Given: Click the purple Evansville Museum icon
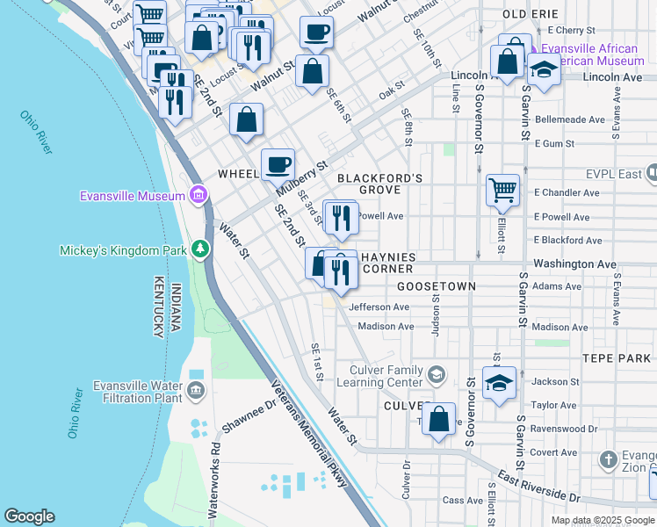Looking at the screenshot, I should click(199, 195).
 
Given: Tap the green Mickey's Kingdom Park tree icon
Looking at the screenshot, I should click(201, 250).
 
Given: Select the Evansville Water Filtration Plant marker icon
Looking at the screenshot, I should click(195, 389).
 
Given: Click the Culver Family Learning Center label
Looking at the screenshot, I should click(374, 376).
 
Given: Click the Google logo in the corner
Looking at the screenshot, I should click(29, 516).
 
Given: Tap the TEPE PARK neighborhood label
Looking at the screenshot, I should click(616, 358).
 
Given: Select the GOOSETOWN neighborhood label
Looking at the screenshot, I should click(437, 286).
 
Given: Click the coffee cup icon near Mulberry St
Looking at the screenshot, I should click(278, 163).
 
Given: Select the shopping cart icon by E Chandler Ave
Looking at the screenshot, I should click(502, 189).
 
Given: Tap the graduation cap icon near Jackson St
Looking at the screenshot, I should click(499, 384).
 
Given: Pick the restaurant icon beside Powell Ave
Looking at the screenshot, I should click(341, 216).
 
